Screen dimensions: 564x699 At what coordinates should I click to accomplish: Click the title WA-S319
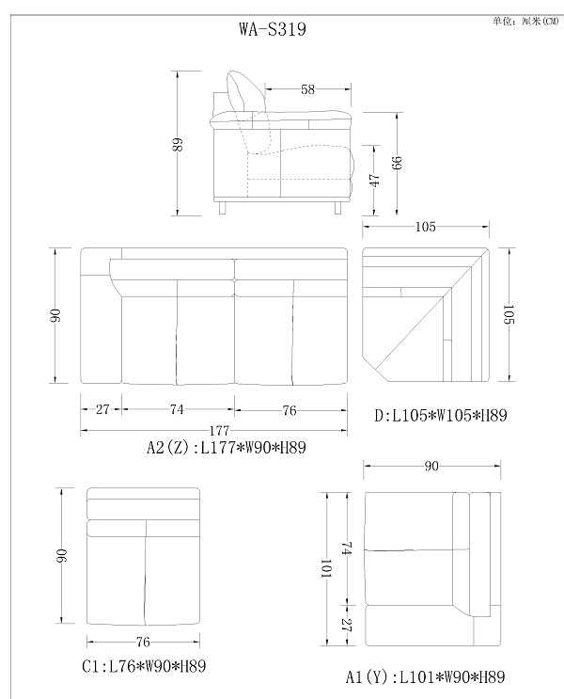(x=273, y=29)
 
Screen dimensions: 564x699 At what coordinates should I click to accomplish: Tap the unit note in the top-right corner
(x=525, y=21)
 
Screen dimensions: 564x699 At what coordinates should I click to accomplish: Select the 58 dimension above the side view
(x=307, y=89)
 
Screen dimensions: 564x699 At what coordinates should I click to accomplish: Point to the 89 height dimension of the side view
(x=178, y=145)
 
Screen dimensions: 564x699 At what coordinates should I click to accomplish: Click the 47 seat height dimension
(x=375, y=180)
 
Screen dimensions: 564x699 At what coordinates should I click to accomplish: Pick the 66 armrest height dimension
(x=397, y=163)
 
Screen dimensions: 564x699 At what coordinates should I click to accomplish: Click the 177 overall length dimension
(x=219, y=431)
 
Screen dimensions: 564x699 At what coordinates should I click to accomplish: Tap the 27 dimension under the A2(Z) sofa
(x=102, y=409)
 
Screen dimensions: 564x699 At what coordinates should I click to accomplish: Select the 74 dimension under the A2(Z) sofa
(x=177, y=409)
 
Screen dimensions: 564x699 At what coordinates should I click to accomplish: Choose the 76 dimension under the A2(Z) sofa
(x=290, y=410)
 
